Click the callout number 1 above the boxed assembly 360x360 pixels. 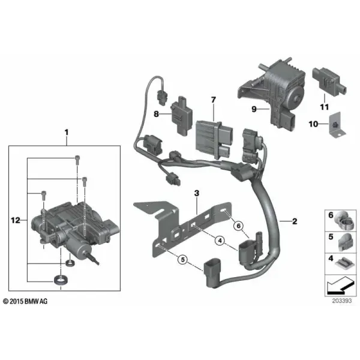coord(67,133)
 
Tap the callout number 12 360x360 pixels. coord(16,220)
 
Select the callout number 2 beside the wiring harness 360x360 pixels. coord(295,221)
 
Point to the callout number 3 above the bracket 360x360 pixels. coord(197,193)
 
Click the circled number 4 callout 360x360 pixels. coord(220,241)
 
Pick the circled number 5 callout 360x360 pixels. coord(183,260)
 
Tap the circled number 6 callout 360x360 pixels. coord(239,226)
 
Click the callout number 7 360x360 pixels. coord(214,100)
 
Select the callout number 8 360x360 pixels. coord(156,114)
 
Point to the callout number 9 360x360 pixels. coord(254,109)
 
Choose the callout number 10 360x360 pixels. coord(313,124)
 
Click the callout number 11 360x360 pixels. coord(325,107)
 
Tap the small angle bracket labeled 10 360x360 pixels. coord(337,125)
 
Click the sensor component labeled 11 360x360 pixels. coord(329,81)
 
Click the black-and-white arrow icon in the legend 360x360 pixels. coord(340,286)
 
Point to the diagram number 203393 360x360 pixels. coord(342,301)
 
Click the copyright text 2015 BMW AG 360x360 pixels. coord(25,301)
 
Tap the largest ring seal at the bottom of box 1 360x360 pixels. coord(61,281)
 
